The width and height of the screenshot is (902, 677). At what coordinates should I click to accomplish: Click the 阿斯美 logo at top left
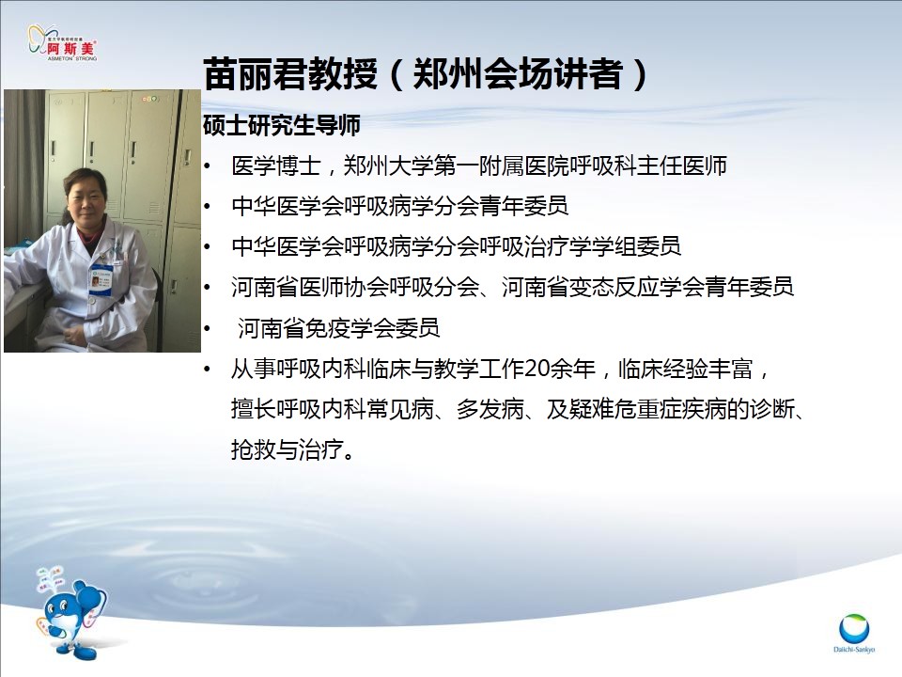(x=63, y=42)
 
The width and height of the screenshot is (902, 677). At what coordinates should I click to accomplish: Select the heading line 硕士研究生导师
(x=282, y=125)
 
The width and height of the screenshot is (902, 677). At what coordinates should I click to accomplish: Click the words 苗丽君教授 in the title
(x=290, y=74)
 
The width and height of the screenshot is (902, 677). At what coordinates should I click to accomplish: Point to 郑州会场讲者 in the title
(x=518, y=74)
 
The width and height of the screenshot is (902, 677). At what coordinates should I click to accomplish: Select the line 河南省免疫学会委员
(x=339, y=328)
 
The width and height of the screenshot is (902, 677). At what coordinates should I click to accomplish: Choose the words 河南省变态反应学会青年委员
(x=647, y=287)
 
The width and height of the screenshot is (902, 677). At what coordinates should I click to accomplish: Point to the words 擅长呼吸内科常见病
(x=333, y=409)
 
